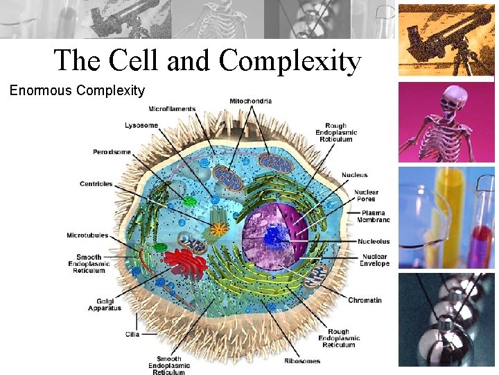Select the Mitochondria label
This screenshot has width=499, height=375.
tap(250, 101)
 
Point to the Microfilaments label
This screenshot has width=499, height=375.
tap(171, 109)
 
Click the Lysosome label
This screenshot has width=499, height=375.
tap(141, 126)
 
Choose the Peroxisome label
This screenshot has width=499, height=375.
tap(112, 152)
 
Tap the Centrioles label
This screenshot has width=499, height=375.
tap(96, 184)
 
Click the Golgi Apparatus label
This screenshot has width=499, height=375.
tap(104, 304)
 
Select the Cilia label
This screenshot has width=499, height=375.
tap(132, 334)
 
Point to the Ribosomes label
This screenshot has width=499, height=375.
tap(302, 361)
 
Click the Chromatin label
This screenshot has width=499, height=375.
tap(365, 301)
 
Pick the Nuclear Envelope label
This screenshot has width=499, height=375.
tap(374, 260)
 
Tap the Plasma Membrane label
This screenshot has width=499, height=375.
tap(375, 216)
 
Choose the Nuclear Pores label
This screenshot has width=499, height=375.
tap(366, 196)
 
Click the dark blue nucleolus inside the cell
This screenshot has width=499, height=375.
tap(274, 237)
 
